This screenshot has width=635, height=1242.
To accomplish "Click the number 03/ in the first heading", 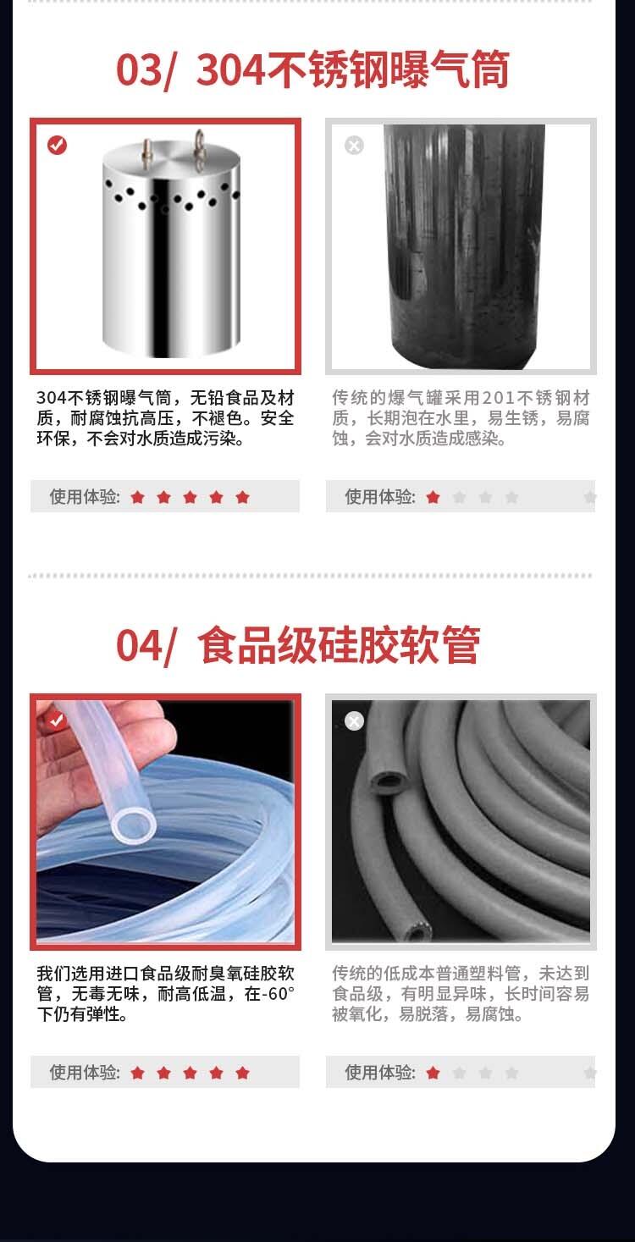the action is pos(146,71).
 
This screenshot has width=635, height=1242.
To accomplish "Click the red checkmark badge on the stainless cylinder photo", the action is pos(57,146).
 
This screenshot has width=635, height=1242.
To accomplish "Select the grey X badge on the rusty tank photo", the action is pos(354,146).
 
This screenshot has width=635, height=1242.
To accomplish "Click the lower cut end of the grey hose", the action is pos(416,931).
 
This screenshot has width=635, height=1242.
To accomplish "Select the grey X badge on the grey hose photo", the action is pos(354,720).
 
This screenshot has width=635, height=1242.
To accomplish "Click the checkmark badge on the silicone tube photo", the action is pos(57,720).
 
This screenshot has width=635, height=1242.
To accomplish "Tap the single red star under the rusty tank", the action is pos(433,497).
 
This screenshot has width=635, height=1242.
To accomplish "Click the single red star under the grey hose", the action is pos(433,1073).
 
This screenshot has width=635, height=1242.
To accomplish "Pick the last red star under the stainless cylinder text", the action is pos(242,497).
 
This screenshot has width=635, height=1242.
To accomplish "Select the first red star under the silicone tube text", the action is pos(137,1073).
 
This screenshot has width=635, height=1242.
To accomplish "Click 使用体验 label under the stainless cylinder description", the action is pos(85,497).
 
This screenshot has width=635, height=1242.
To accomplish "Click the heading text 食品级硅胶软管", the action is pos(339,645).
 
